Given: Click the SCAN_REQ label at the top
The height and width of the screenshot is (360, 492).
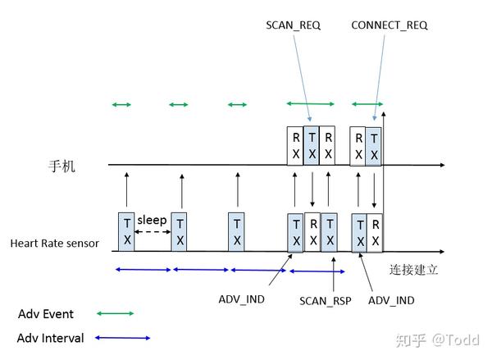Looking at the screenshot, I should click(x=294, y=25).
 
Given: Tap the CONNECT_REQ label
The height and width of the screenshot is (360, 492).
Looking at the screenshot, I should click(x=389, y=25).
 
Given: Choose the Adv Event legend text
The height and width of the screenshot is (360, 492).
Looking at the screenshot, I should click(x=46, y=314).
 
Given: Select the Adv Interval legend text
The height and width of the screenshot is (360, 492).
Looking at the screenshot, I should click(x=50, y=338).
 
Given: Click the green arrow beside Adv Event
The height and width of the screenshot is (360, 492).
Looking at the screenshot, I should click(x=115, y=313).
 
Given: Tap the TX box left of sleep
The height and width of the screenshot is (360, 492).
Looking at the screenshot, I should click(x=125, y=231).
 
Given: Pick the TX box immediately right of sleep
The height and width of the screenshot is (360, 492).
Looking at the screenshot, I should click(x=180, y=231).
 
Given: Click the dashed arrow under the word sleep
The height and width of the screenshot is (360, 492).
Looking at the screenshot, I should click(x=152, y=233).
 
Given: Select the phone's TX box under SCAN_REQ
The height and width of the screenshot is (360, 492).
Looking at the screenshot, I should click(x=311, y=145).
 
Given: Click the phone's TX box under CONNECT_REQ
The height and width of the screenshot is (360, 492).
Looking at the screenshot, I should click(x=374, y=146).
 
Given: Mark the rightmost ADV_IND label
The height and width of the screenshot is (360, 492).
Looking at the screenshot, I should click(x=390, y=301).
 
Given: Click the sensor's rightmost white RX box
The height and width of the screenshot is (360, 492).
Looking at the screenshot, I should click(x=374, y=231).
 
